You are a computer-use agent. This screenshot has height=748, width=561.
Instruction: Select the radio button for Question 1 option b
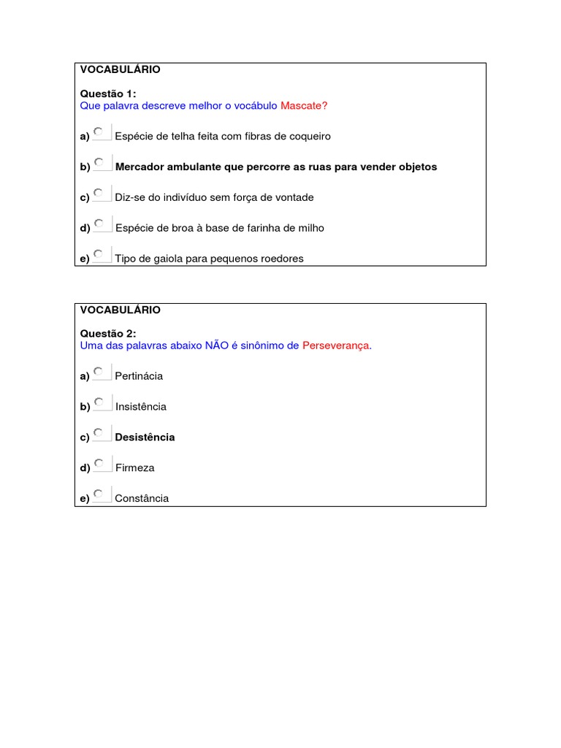tap(99, 162)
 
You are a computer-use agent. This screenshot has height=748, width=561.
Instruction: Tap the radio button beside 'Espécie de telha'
tap(99, 131)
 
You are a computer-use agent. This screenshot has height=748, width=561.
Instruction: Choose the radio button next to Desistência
tap(99, 432)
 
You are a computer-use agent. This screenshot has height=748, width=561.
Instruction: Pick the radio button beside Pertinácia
tap(99, 371)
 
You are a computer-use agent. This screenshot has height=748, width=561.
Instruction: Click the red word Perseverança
tap(337, 346)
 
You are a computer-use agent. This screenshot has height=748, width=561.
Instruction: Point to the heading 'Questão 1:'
tap(108, 93)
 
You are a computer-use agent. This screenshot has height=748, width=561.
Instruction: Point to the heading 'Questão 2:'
tap(108, 334)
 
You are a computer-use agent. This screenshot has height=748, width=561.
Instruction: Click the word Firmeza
tap(134, 467)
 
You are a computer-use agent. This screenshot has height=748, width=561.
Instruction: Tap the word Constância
tap(142, 498)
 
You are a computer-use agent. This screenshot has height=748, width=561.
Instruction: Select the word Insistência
tap(141, 406)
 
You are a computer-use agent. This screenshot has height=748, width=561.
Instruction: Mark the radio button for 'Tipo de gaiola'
tap(99, 253)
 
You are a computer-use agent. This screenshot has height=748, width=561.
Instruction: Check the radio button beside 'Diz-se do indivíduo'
tap(99, 193)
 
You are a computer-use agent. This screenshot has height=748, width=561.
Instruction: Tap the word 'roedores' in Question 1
tap(282, 258)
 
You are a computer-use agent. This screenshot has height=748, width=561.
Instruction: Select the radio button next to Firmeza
tap(99, 463)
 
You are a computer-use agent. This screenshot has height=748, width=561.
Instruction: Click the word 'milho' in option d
tap(310, 228)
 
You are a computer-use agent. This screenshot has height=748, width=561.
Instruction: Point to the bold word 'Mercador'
tap(140, 167)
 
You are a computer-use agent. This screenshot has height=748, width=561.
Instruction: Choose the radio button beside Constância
tap(99, 494)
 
